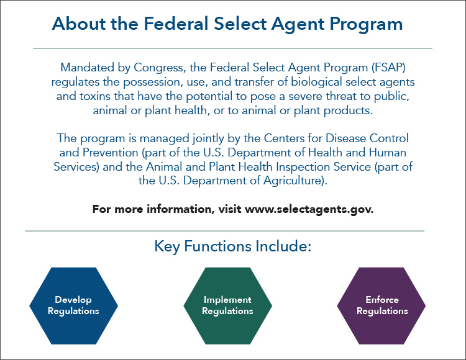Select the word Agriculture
point(295,181)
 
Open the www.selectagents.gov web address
point(309,209)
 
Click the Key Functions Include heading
point(232,246)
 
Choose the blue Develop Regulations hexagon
point(73,305)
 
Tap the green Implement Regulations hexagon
point(227,305)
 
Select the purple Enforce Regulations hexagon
point(381,305)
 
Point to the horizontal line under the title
point(232,48)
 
